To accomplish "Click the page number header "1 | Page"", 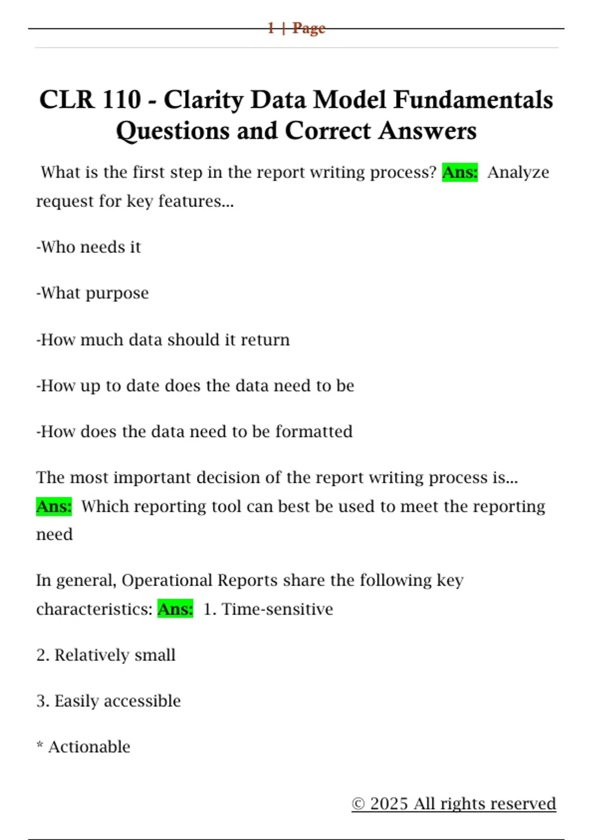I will click(296, 28).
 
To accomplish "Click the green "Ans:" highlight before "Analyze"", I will click(460, 172).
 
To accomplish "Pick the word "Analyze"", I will click(518, 172).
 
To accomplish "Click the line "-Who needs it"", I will click(89, 247).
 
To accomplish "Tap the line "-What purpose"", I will click(92, 293).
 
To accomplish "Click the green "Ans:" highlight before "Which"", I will click(54, 506).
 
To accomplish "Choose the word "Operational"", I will click(167, 580).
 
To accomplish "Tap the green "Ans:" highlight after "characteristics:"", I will click(175, 609).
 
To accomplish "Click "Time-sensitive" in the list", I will click(277, 609).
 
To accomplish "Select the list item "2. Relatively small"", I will click(106, 655).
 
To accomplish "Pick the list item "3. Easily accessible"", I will click(109, 701).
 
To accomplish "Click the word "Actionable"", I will click(89, 747).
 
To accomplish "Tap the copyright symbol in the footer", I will click(358, 804).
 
